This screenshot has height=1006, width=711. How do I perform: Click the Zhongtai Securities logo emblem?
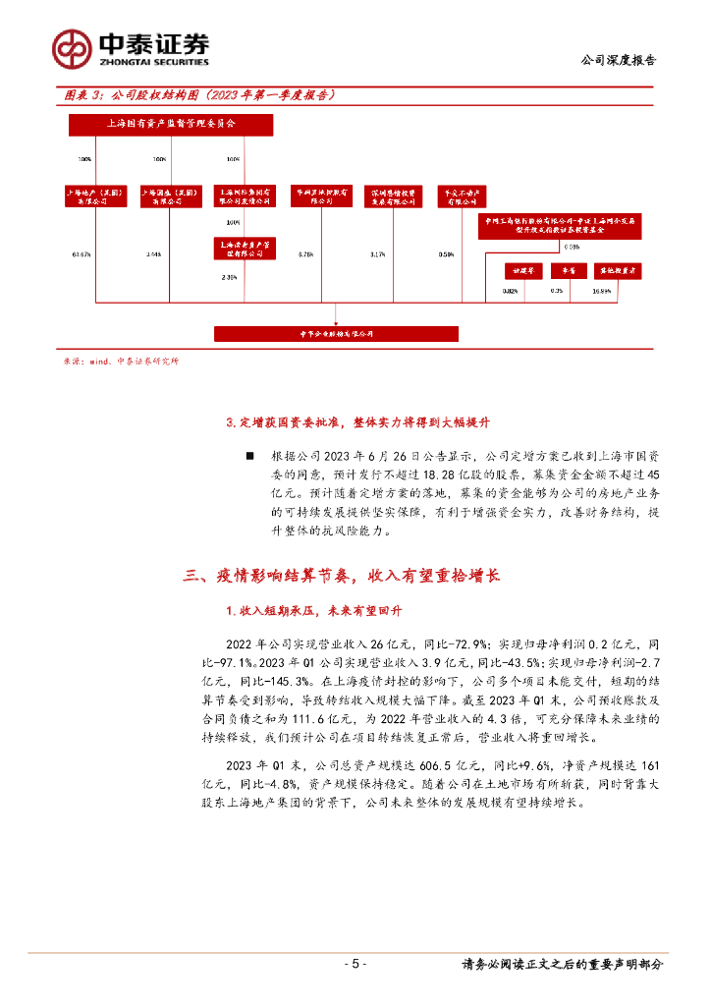point(72,47)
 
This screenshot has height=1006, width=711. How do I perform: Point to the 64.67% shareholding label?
point(82,255)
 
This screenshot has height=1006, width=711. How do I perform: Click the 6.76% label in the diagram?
point(305,255)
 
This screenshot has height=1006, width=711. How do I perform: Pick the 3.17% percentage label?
point(378,255)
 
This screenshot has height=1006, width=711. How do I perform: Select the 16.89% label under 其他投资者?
point(602,291)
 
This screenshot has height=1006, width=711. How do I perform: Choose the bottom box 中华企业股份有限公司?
point(337,334)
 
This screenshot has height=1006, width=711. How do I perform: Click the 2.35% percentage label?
point(230,277)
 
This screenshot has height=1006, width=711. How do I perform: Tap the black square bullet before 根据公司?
point(248,456)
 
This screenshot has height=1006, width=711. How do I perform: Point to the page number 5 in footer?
point(355,965)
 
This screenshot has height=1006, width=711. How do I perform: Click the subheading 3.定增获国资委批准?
point(357,422)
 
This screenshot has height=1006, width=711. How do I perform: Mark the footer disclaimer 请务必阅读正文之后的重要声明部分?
point(563,965)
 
